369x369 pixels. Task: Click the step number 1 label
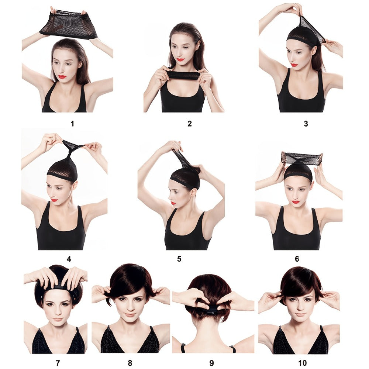tap(72, 124)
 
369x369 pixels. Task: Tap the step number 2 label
tap(190, 124)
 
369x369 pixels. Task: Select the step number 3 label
tap(306, 124)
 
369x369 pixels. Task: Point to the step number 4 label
tap(69, 259)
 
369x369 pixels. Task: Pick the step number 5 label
tap(179, 259)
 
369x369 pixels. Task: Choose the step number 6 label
tap(297, 259)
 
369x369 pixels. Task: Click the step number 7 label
tap(58, 363)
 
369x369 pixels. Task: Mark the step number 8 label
tap(130, 363)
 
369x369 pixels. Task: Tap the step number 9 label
tap(211, 363)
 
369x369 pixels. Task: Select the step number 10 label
tap(303, 363)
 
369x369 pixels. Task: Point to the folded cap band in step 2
tap(183, 75)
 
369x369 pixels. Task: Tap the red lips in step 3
tap(294, 65)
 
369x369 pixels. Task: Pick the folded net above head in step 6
tap(302, 157)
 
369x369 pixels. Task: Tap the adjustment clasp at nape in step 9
tap(210, 311)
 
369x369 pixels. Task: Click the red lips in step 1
tap(62, 77)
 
